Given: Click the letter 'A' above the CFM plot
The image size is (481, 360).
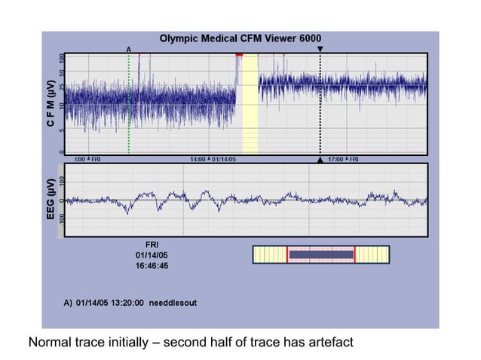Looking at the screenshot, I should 129,49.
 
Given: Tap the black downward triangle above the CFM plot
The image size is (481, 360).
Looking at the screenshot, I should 320,49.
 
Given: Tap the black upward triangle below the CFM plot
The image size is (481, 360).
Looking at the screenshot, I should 320,160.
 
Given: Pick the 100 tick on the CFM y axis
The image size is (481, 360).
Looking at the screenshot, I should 61,58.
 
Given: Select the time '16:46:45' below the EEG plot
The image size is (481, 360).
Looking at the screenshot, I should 152,266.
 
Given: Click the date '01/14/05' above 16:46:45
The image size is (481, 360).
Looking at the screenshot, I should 152,255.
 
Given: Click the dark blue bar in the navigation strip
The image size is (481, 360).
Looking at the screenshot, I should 321,255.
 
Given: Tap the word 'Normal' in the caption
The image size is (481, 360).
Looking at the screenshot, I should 51,343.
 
